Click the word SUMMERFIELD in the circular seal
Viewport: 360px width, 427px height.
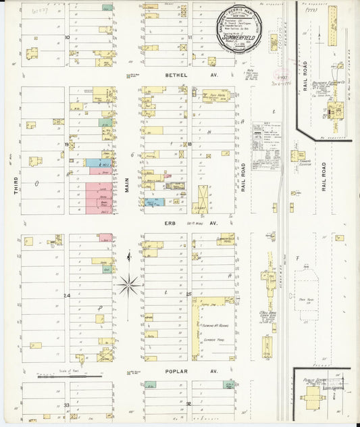click(x=244, y=39)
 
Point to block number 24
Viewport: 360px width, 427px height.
click(x=67, y=296)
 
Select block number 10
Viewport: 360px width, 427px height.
click(x=67, y=37)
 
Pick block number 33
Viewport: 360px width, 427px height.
click(x=67, y=405)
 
